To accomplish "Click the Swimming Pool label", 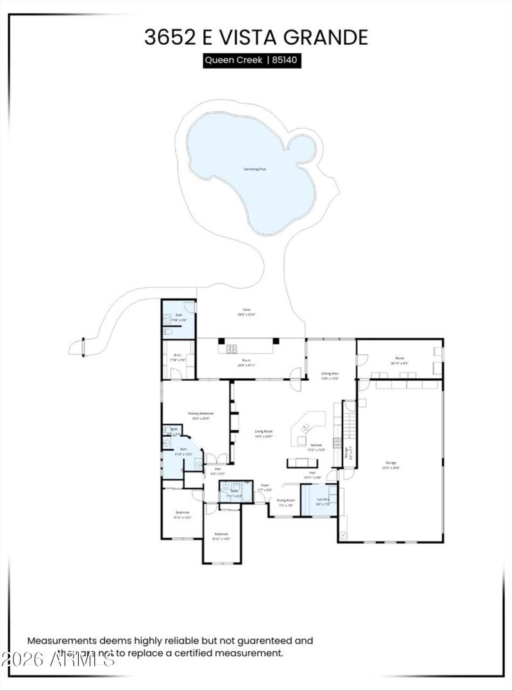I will tap(255, 169).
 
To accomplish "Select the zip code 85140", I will tap(285, 61).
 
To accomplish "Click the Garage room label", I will tap(391, 462).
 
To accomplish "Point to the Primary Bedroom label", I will tap(201, 413).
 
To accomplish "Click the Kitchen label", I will tap(316, 445).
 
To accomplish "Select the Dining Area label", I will tap(330, 373).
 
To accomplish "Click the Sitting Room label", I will tap(286, 500).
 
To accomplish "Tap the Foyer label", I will tap(264, 486).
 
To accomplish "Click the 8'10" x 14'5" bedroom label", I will tap(221, 534).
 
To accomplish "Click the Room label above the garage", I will tap(399, 358).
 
